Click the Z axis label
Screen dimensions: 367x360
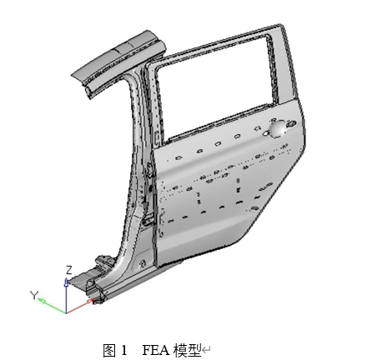pos(68,270)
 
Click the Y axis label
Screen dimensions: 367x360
pos(34,295)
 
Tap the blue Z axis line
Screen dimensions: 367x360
pos(66,296)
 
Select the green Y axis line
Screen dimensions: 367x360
pos(52,306)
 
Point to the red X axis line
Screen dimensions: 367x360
pos(80,306)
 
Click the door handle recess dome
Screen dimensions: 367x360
pos(278,128)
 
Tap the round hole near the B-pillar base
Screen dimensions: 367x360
pos(143,263)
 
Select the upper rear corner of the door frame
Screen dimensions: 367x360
pos(281,27)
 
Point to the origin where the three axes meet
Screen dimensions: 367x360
pos(66,313)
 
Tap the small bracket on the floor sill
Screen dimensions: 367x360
pos(103,261)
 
